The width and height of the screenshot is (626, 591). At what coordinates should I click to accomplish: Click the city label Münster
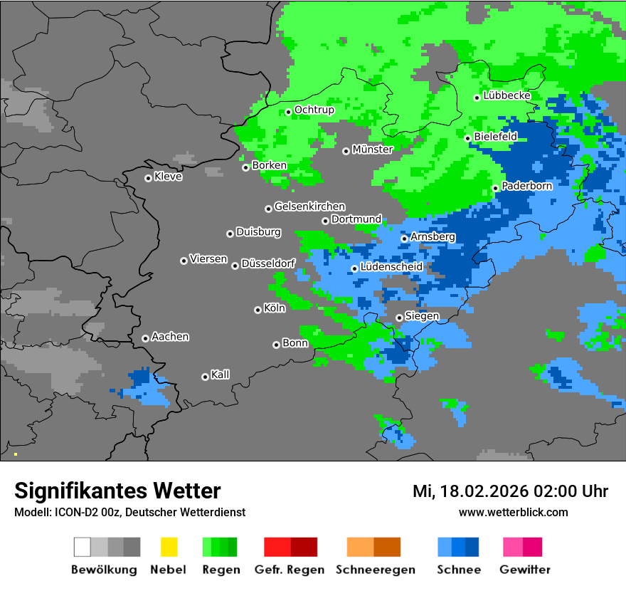[x=372, y=150]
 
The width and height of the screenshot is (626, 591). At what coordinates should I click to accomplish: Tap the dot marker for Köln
[x=258, y=310]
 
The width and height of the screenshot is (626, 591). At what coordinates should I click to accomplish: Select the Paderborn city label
[x=526, y=186]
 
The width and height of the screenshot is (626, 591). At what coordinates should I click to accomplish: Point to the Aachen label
[x=170, y=337]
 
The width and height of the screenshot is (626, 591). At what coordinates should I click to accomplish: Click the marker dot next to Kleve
[x=148, y=178]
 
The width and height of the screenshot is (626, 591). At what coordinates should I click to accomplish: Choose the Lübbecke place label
[x=506, y=95]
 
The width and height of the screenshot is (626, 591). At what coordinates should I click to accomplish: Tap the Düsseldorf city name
[x=268, y=263]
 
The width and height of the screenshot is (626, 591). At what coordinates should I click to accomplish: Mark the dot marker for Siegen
[x=399, y=318]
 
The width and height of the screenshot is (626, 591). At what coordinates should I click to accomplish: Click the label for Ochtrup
[x=314, y=110]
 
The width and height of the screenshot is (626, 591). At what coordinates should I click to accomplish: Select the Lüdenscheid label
[x=391, y=266]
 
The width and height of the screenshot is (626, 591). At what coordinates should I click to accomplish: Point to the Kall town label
[x=220, y=375]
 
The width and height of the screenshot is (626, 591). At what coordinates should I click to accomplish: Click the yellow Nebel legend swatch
[x=169, y=547]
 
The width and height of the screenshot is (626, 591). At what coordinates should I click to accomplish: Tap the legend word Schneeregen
[x=375, y=570]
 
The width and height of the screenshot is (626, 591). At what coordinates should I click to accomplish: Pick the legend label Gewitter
[x=525, y=570]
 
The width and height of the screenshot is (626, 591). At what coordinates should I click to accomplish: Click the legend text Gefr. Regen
[x=290, y=570]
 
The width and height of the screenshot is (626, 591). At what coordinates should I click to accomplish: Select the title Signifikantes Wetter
[x=117, y=491]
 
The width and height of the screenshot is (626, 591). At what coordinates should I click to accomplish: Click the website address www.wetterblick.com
[x=513, y=512]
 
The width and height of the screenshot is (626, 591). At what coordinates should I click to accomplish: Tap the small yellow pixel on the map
[x=16, y=454]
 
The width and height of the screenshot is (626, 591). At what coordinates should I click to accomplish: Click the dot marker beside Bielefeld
[x=467, y=138]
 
